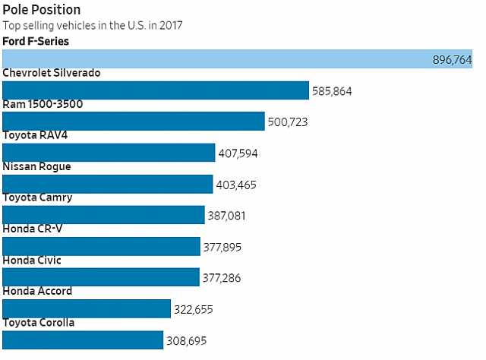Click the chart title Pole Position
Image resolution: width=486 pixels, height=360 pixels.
coord(42,9)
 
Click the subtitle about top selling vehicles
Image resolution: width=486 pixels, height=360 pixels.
coord(92,25)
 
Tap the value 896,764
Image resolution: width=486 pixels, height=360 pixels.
coord(453,60)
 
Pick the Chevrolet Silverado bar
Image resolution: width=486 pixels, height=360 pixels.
coord(156,90)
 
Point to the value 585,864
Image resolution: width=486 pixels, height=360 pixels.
coord(332,91)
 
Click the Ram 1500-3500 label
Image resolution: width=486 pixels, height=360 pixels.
coord(43,104)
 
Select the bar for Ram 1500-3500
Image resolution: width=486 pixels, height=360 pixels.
coord(134,122)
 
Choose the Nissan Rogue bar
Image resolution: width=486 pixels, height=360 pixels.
coord(108,185)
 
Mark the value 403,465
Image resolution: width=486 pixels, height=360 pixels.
coord(235,185)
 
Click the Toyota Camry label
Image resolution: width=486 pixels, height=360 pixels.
coord(38,197)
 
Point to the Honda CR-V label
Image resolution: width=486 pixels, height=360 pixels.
coord(32,229)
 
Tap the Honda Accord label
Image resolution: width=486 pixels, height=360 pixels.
coord(38,291)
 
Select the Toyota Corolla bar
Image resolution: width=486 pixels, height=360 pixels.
coord(83,340)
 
